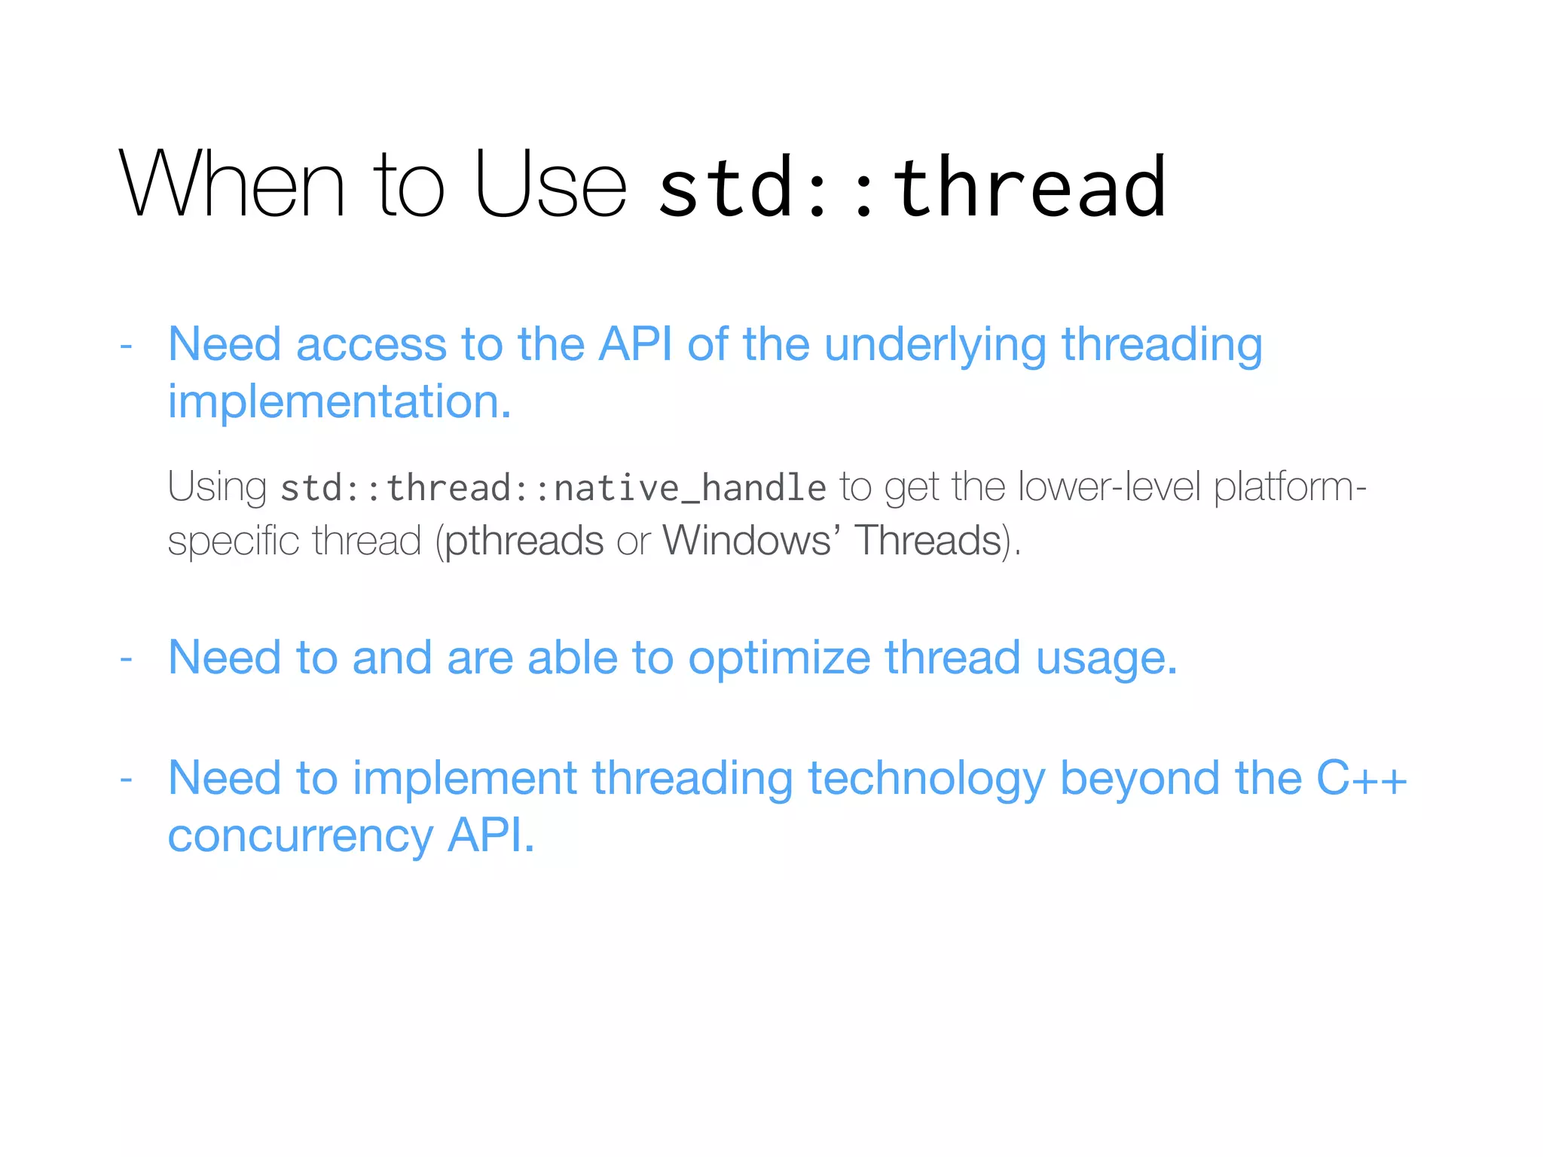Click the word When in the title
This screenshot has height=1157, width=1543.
232,185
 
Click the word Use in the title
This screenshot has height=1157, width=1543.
550,185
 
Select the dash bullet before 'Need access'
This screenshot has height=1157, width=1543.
126,346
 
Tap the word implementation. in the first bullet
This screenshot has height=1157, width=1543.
339,402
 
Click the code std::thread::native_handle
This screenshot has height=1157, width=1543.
553,488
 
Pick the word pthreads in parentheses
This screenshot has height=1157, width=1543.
524,541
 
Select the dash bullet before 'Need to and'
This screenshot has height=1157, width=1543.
126,659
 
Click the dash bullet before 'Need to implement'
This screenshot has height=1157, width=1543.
126,779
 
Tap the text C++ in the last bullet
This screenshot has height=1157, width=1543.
1361,778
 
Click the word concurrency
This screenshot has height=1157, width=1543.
300,837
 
